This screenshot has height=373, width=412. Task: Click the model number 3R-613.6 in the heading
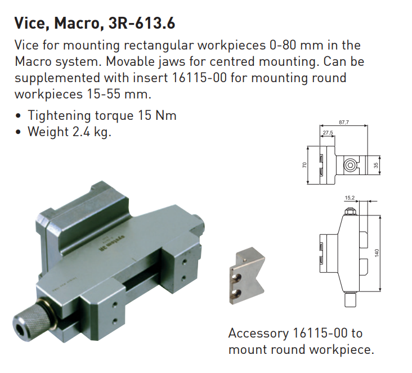(142, 23)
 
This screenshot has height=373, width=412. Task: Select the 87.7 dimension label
(344, 122)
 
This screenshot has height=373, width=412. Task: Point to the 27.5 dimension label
(328, 133)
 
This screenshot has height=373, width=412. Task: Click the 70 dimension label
(304, 165)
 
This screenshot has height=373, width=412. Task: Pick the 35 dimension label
(376, 165)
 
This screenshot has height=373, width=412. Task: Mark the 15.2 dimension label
(350, 198)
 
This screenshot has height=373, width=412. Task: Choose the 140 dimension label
(377, 253)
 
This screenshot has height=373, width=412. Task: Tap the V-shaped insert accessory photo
(247, 276)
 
